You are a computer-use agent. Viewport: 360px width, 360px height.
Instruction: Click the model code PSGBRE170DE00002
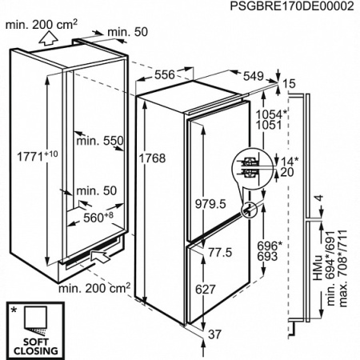pos(292,6)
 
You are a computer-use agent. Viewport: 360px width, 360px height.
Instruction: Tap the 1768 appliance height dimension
pos(152,158)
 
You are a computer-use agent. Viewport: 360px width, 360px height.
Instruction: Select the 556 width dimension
pos(165,75)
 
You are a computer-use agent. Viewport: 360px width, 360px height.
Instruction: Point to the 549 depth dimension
pos(254,76)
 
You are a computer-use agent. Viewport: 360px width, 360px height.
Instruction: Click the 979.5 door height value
pos(210,204)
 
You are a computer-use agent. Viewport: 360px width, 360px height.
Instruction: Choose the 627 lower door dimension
pos(205,290)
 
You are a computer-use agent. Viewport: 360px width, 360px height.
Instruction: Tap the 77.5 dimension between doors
pos(220,252)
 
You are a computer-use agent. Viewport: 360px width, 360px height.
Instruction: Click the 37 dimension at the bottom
pos(214,334)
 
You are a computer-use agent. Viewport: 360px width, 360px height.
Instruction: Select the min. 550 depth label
pos(100,141)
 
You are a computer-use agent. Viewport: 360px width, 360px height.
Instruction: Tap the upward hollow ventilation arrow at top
pos(48,38)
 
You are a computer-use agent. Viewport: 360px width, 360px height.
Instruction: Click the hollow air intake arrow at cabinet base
pos(101,257)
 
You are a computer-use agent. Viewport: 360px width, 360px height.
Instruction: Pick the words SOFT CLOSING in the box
pos(36,346)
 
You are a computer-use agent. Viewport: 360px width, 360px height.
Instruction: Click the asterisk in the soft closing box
pos(14,310)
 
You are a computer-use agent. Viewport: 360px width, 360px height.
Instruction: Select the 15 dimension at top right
pos(289,84)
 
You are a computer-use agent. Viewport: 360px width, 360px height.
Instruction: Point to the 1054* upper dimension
pos(271,114)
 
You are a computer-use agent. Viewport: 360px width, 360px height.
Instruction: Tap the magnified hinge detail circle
pos(248,165)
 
